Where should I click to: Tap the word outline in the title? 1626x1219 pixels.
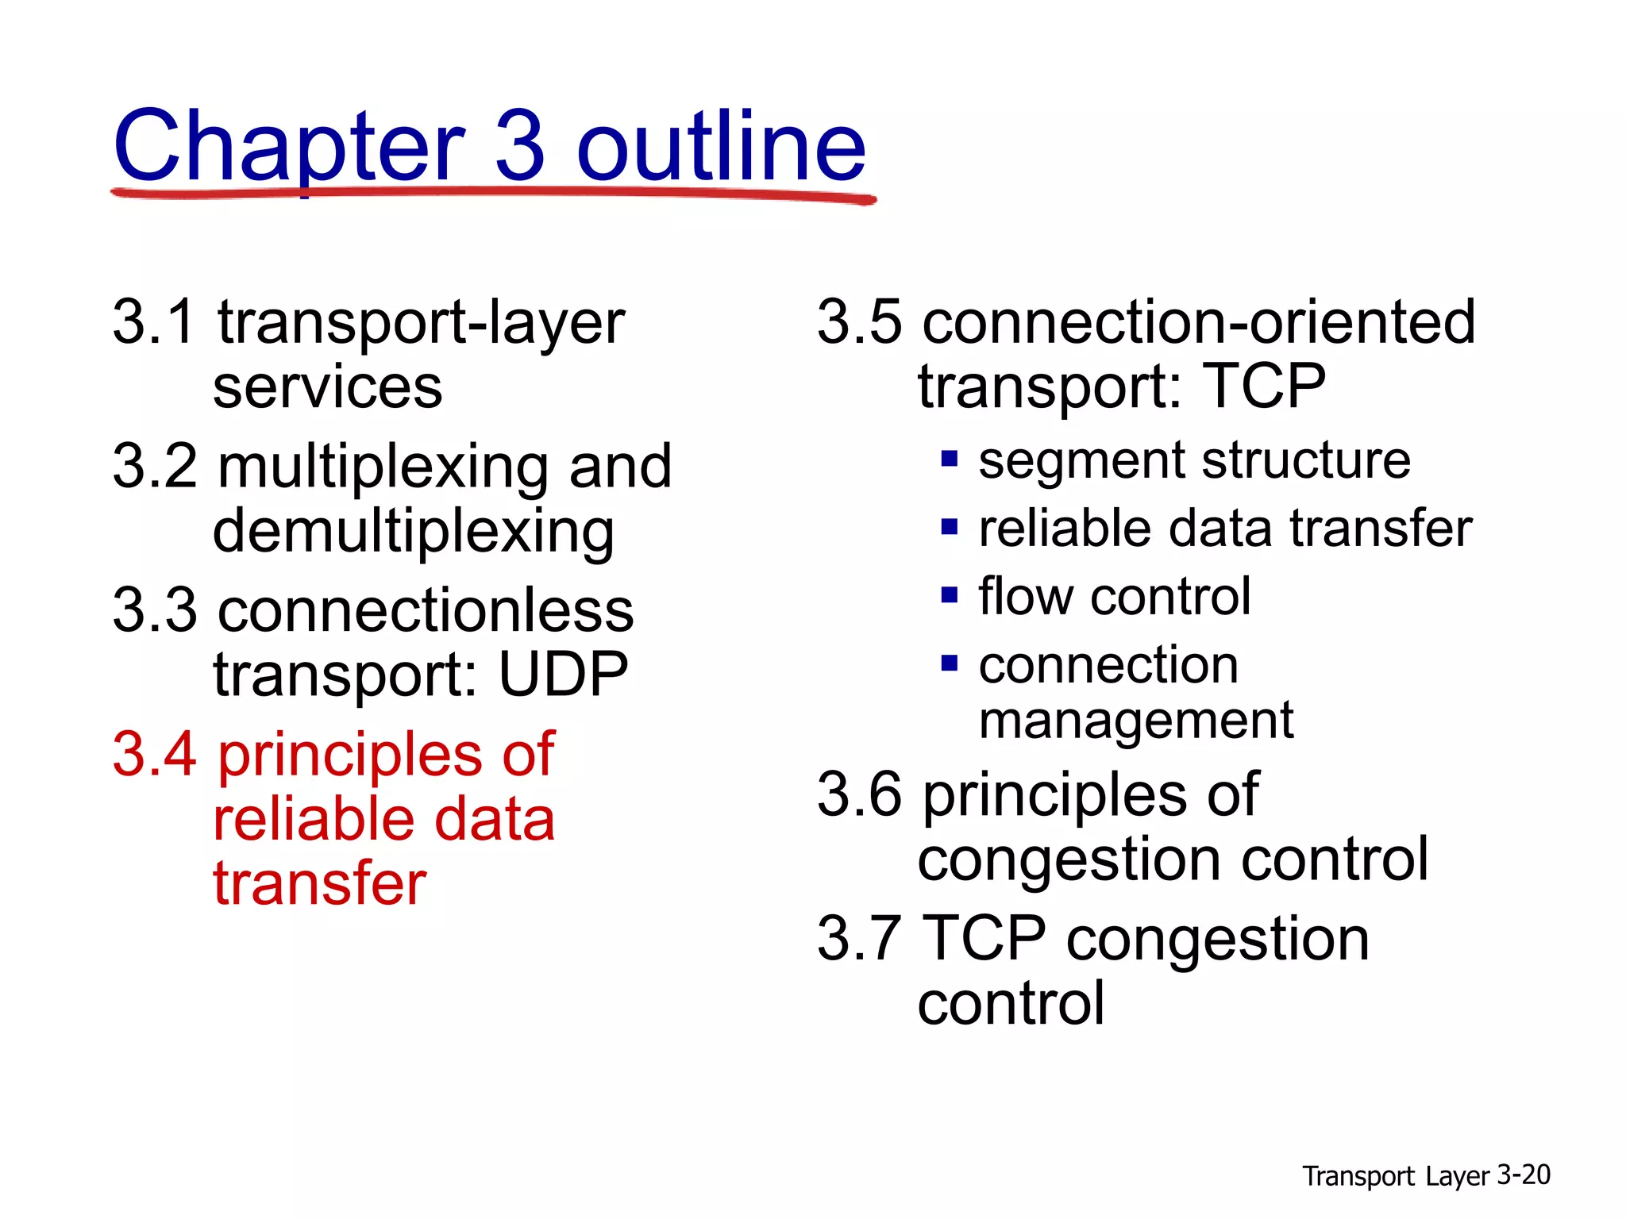(x=720, y=147)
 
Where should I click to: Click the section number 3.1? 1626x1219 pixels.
(x=153, y=322)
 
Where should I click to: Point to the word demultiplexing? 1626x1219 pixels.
(x=413, y=532)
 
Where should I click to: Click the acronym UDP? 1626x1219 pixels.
(x=563, y=675)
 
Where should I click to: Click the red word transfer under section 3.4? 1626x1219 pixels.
(x=320, y=883)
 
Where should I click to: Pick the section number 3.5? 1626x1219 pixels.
(x=859, y=322)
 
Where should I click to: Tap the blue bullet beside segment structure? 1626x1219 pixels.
(x=950, y=459)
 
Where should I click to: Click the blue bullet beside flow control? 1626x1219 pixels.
(x=950, y=595)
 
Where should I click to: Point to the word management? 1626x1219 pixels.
(x=1136, y=721)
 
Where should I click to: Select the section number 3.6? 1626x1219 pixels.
(x=859, y=794)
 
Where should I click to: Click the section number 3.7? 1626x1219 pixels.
(x=859, y=939)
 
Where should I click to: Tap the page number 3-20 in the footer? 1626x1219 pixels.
(x=1524, y=1175)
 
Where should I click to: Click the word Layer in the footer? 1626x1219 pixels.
(x=1456, y=1176)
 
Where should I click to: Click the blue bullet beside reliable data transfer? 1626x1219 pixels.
(x=950, y=527)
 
